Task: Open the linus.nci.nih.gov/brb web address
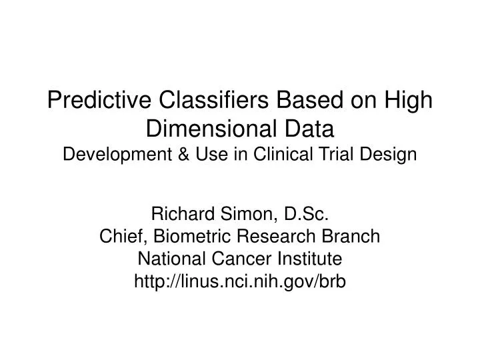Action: [x=241, y=281]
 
